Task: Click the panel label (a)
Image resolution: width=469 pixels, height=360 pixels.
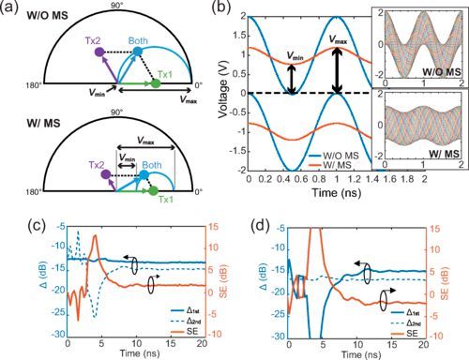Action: tap(12, 8)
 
